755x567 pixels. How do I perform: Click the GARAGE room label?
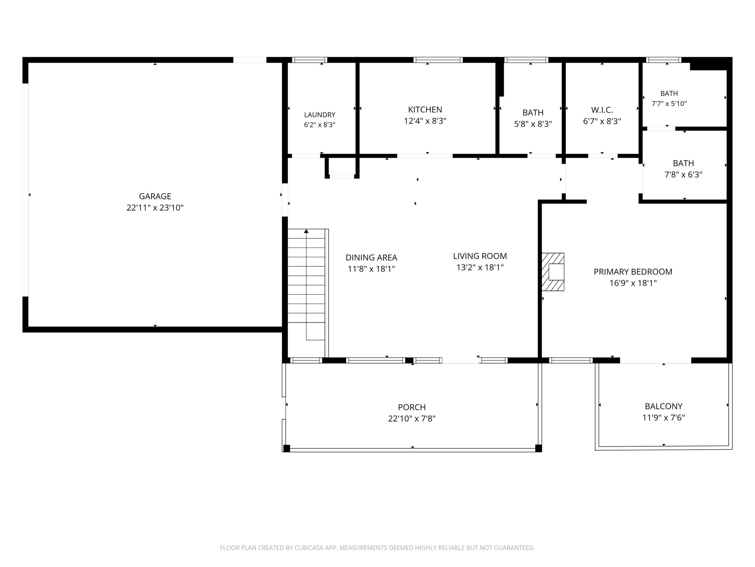[x=155, y=196]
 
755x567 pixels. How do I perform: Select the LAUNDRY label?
[x=320, y=115]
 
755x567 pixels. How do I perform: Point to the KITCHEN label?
[x=425, y=110]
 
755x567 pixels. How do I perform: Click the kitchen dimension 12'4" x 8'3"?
[x=425, y=121]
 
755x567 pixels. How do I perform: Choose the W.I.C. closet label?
[x=602, y=110]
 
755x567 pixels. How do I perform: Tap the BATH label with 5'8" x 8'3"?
[x=533, y=113]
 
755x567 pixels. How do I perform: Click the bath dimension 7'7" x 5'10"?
[x=669, y=104]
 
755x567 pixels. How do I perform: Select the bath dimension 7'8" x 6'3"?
[x=683, y=175]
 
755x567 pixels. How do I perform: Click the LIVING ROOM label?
[x=480, y=256]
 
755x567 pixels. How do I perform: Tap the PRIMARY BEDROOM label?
[x=633, y=272]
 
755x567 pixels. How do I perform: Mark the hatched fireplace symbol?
[x=553, y=272]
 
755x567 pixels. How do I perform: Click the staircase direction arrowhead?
[x=306, y=232]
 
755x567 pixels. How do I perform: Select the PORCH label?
[x=412, y=408]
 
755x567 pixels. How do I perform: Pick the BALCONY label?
[x=664, y=406]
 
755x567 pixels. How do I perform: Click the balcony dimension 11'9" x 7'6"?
[x=664, y=418]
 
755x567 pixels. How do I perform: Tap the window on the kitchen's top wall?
[x=438, y=60]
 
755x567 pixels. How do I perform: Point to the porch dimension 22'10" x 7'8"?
[x=412, y=419]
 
